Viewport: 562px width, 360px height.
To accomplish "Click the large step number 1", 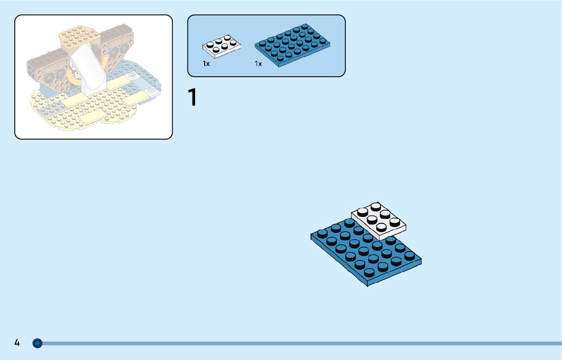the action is tap(192, 97).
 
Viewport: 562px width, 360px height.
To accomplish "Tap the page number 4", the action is tap(17, 343).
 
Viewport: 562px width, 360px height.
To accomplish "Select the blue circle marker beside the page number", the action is tap(37, 343).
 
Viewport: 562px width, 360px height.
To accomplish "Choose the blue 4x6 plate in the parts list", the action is tap(293, 44).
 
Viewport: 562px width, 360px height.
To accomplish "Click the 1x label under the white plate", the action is tap(206, 64).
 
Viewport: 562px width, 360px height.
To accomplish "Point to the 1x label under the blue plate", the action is tap(258, 64).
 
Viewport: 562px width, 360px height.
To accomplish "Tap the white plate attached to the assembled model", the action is tap(379, 220).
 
